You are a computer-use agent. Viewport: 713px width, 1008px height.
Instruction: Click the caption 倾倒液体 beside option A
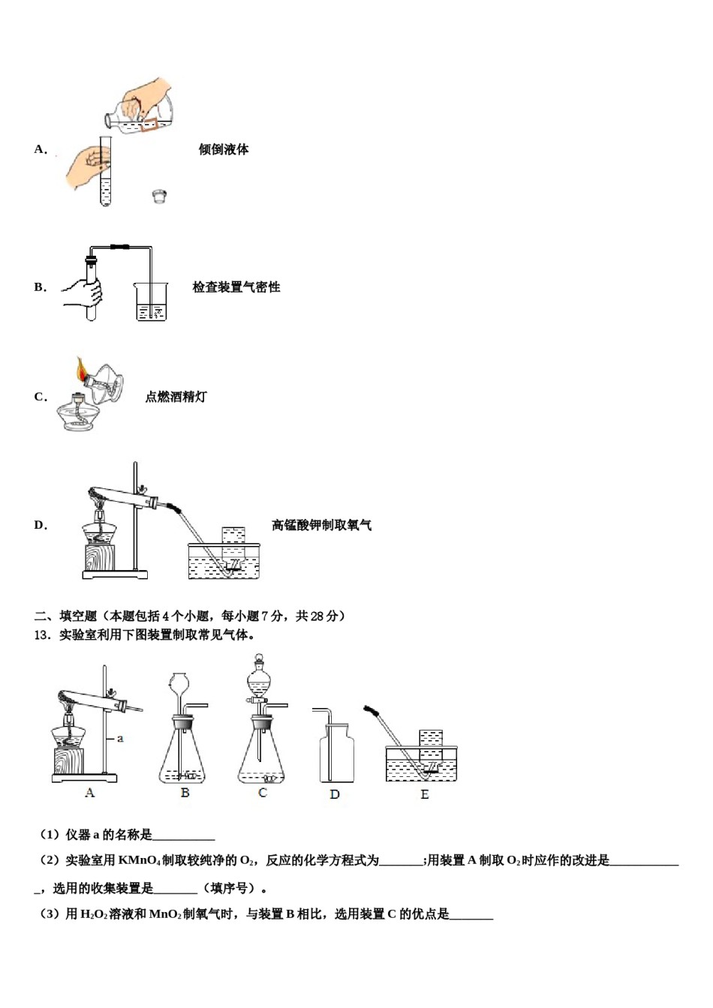224,149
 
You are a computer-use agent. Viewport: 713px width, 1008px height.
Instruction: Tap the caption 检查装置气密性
236,287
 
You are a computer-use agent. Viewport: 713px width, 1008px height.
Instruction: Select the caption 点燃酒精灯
176,397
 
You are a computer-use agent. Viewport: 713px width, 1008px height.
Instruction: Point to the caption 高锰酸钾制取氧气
321,525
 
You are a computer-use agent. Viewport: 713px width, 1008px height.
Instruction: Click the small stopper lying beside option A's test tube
159,196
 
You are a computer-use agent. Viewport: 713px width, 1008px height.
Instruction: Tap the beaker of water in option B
151,302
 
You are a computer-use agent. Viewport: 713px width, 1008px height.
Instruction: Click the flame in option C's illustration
81,370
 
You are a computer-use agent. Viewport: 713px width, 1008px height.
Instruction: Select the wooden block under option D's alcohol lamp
100,559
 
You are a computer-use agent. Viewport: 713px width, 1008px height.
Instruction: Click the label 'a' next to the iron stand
120,739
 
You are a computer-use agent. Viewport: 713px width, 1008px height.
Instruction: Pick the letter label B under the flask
185,793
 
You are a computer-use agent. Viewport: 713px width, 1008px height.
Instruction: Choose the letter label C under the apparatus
262,793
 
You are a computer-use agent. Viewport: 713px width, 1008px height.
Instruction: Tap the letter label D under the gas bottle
335,794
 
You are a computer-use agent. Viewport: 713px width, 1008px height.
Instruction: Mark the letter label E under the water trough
425,794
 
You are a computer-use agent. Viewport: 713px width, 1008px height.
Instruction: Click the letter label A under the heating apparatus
90,793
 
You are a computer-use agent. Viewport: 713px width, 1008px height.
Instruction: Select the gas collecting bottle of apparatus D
336,754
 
